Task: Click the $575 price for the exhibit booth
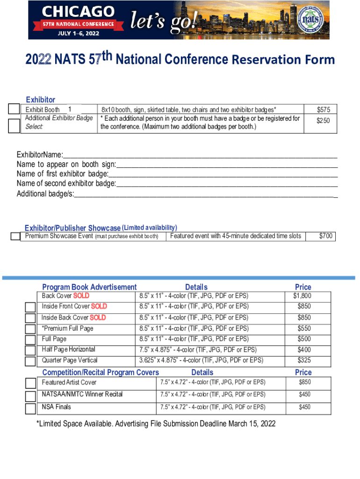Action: pyautogui.click(x=324, y=109)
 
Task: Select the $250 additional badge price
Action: pyautogui.click(x=324, y=121)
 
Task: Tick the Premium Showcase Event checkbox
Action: pyautogui.click(x=16, y=237)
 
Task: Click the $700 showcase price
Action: pyautogui.click(x=326, y=236)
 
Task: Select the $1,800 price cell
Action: pyautogui.click(x=302, y=296)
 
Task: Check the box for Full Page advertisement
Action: pyautogui.click(x=31, y=339)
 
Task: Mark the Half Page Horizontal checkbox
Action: pyautogui.click(x=31, y=350)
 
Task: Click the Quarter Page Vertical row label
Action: pyautogui.click(x=70, y=360)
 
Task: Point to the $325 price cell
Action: pyautogui.click(x=304, y=360)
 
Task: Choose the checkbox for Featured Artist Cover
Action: pyautogui.click(x=31, y=383)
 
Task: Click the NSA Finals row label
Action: pyautogui.click(x=57, y=407)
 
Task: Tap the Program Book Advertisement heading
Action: pyautogui.click(x=89, y=287)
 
